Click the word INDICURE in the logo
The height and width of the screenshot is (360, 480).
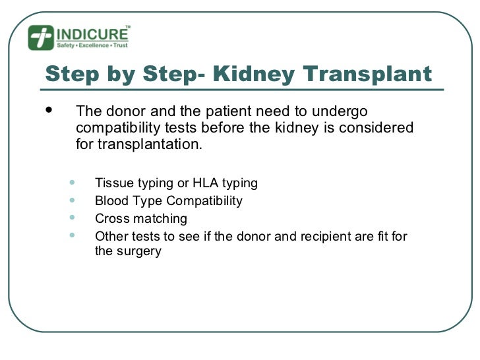92,34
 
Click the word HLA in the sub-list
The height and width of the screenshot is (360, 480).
203,183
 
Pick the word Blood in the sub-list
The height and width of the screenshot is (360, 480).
111,200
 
